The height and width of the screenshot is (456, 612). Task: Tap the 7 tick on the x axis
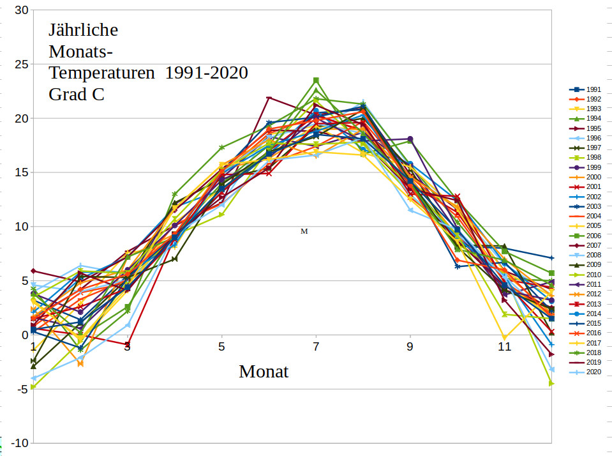[x=316, y=347]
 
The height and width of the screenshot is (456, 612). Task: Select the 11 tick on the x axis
[x=505, y=347]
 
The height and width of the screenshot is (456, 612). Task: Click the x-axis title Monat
[x=264, y=371]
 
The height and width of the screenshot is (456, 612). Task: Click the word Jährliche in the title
[x=84, y=30]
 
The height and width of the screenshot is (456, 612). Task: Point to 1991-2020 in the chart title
[x=206, y=73]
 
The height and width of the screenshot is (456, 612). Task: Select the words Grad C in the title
[x=77, y=95]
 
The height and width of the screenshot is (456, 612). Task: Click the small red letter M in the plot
[x=304, y=231]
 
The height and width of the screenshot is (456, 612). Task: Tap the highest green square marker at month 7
[x=316, y=80]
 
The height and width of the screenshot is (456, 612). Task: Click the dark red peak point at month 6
[x=269, y=98]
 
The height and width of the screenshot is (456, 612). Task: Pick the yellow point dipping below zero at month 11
[x=505, y=338]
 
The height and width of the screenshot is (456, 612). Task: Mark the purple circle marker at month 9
[x=410, y=139]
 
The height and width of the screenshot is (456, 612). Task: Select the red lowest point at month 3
[x=127, y=344]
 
